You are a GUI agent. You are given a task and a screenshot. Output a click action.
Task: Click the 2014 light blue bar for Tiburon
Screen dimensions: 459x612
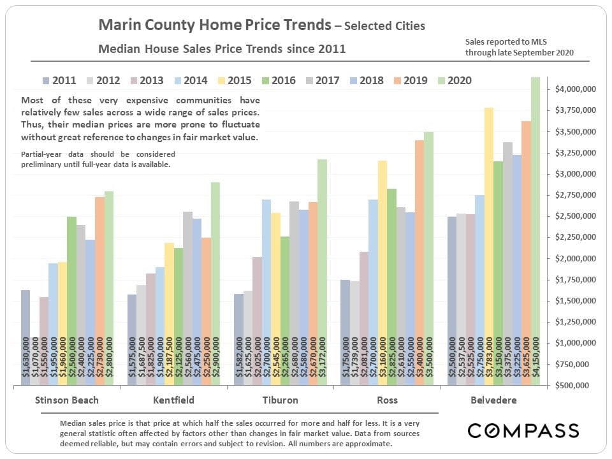click(266, 287)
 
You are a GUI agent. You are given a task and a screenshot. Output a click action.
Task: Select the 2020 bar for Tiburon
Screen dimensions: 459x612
click(322, 268)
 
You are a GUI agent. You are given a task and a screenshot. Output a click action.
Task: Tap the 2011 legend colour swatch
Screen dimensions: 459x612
click(46, 80)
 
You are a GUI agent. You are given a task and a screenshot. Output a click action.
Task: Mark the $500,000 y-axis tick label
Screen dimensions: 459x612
click(581, 385)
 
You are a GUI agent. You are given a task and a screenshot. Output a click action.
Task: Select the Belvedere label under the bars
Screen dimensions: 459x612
click(493, 400)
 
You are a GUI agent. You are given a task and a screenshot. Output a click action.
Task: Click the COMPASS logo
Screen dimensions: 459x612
click(523, 430)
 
